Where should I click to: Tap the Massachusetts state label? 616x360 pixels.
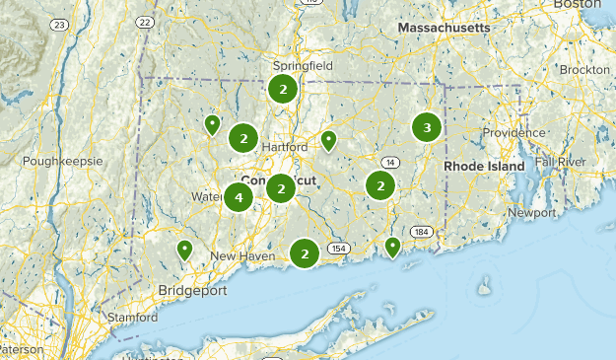[x=444, y=29]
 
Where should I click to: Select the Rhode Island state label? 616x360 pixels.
[x=484, y=167]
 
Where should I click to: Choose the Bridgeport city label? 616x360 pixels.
[x=192, y=291]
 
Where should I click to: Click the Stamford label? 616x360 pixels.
[x=134, y=319]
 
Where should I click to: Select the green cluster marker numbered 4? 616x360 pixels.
[x=238, y=197]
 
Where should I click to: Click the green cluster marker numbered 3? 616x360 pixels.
[x=426, y=127]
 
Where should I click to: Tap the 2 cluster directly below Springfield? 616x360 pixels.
[x=283, y=90]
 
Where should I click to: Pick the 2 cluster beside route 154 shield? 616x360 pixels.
[x=305, y=253]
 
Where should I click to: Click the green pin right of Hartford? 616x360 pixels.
[x=328, y=141]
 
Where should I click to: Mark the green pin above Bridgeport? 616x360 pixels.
[x=184, y=250]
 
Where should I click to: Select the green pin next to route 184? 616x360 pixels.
[x=393, y=246]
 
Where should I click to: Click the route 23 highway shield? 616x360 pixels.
[x=61, y=25]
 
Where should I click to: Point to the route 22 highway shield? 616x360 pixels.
[x=145, y=21]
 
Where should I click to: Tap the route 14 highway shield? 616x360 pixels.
[x=390, y=162]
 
